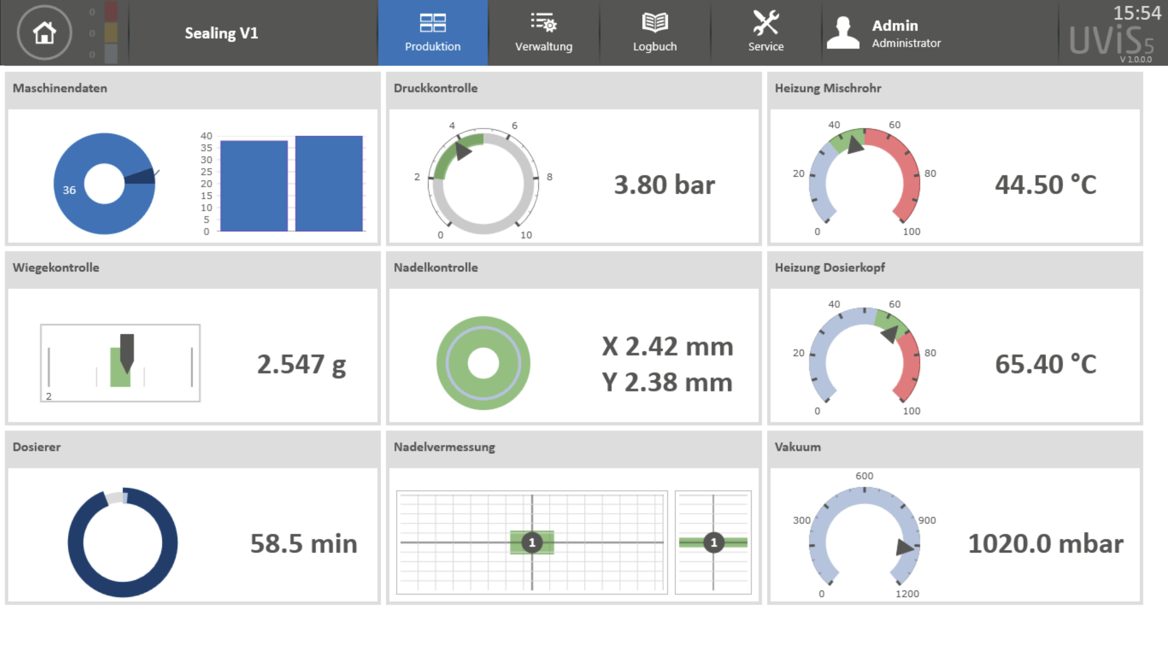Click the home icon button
(44, 32)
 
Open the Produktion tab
(432, 33)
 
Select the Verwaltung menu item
(544, 33)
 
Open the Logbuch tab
(655, 33)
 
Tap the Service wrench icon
(765, 23)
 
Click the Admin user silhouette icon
(843, 32)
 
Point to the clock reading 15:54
(1137, 13)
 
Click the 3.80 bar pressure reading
(664, 185)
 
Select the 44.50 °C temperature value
(1045, 185)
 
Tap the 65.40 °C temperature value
(1045, 365)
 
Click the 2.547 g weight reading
(301, 365)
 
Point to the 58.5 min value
(304, 544)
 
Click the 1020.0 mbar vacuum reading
(1046, 544)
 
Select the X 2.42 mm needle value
(667, 346)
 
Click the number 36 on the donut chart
(69, 190)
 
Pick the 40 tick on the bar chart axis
(206, 136)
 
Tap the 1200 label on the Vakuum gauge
(907, 593)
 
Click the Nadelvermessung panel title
(444, 447)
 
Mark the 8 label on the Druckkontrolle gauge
(549, 177)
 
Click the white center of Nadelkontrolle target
(483, 363)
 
